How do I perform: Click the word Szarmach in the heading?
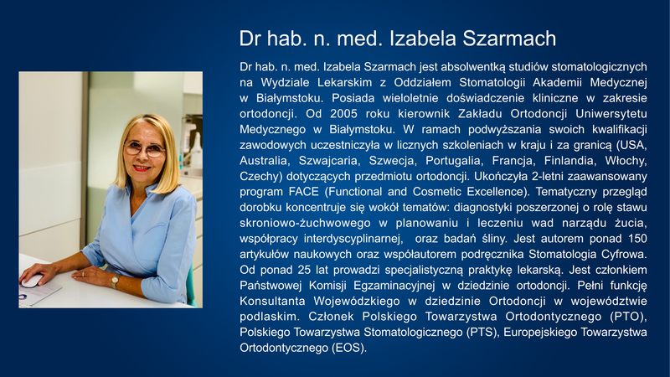click(x=509, y=39)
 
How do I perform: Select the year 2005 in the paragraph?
click(x=343, y=114)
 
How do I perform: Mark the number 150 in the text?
click(x=637, y=239)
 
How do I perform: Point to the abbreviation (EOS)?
click(x=349, y=348)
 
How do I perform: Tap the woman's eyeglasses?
click(x=144, y=149)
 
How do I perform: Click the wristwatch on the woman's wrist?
click(x=115, y=281)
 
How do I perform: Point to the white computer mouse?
click(x=32, y=281)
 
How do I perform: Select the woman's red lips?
click(x=142, y=168)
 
